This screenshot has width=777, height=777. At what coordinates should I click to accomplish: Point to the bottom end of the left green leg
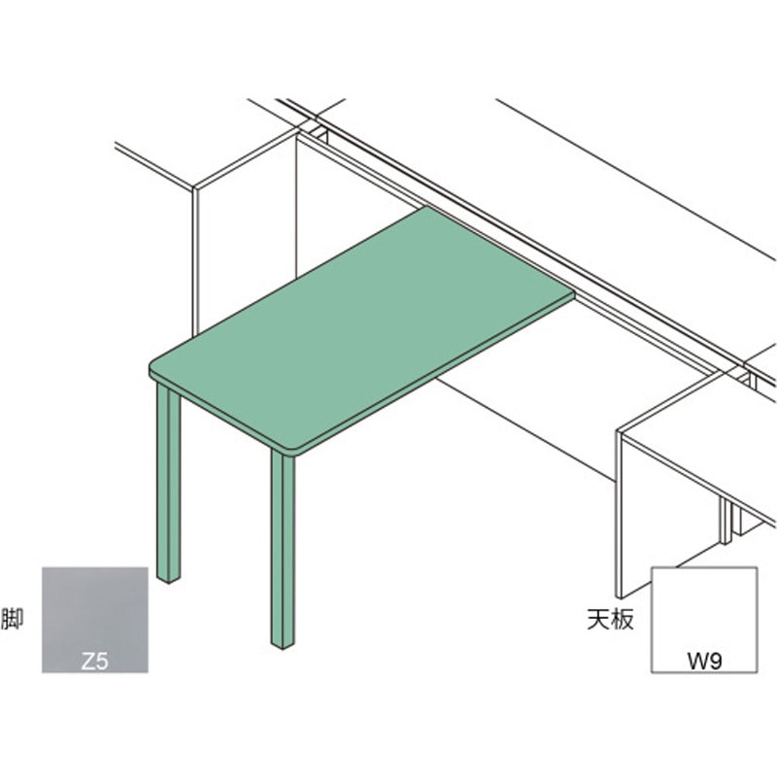point(168,581)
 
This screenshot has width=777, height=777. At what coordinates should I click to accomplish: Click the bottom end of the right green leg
point(283,647)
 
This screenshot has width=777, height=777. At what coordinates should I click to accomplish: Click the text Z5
point(94,661)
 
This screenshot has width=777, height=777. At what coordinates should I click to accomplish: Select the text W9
point(704,661)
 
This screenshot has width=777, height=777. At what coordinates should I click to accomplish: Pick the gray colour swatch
point(94,620)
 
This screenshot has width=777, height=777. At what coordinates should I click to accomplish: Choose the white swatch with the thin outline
point(704,620)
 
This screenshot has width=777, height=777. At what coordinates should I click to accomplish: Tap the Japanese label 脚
point(12,619)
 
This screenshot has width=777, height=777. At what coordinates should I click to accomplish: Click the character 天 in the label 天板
point(598,619)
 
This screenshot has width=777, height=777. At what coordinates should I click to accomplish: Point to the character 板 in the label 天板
point(623,619)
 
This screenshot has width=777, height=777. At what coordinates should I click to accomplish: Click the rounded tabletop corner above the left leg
point(154,364)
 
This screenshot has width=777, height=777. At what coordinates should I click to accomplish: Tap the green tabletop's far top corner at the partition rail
point(427,208)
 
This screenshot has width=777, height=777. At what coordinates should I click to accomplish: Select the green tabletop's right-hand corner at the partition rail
point(574,294)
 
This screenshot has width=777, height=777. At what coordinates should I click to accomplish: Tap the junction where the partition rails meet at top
point(315,118)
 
